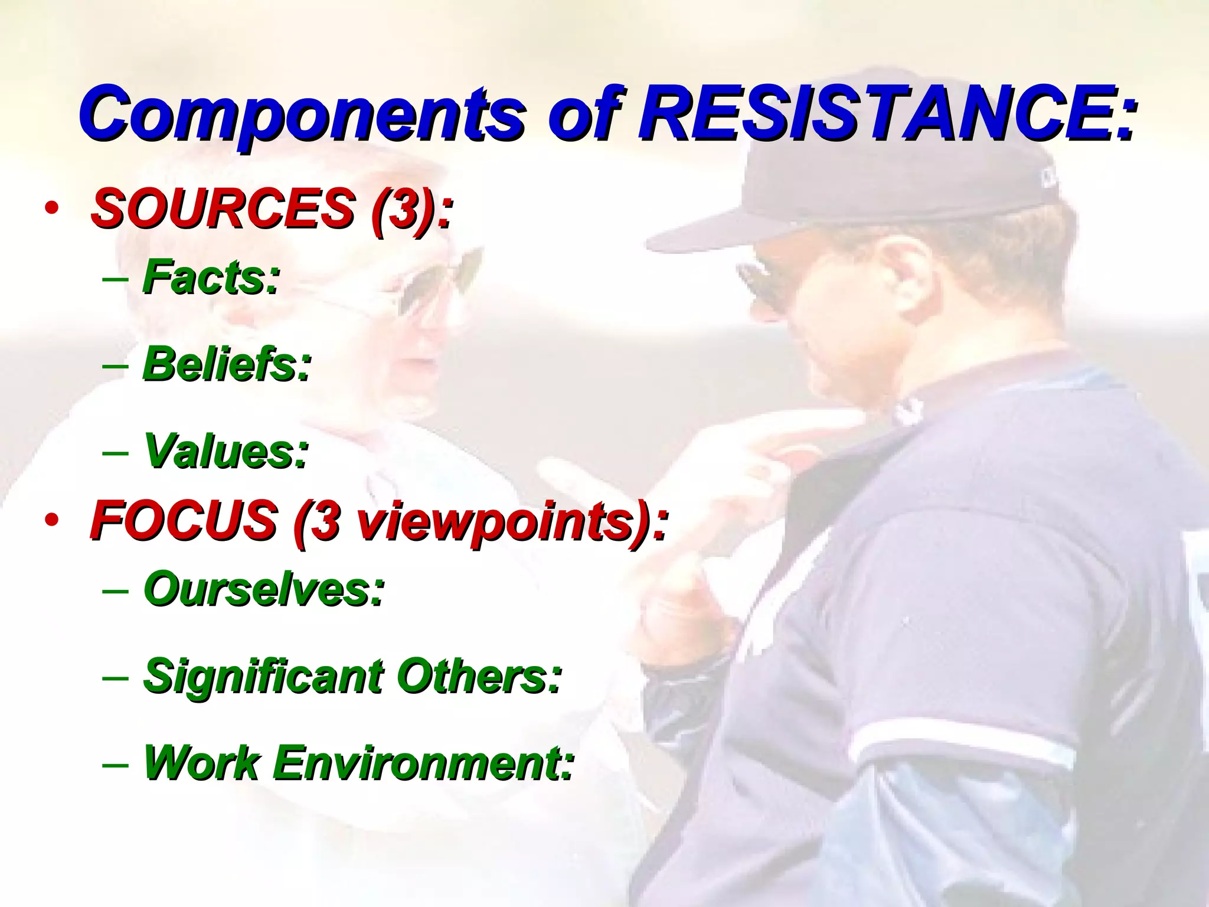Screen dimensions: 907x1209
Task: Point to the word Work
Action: (201, 763)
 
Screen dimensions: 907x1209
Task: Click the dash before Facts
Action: (115, 278)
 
